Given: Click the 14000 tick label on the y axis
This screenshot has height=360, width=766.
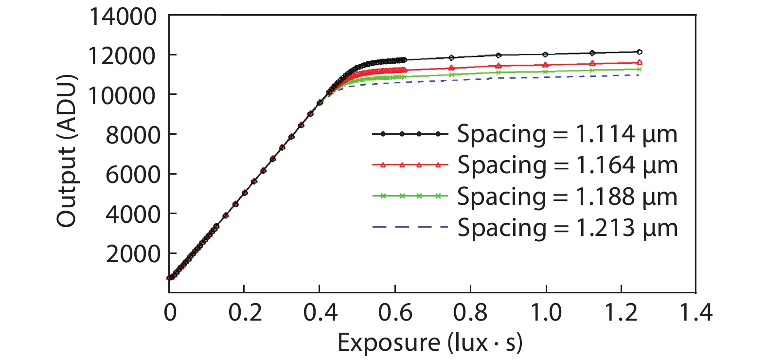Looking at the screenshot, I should coord(123,17).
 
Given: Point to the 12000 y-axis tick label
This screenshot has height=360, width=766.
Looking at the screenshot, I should coord(123,56).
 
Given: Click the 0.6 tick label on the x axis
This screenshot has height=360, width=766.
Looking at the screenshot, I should coord(395,312).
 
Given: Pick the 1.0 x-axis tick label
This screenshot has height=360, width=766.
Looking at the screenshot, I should coord(545,312).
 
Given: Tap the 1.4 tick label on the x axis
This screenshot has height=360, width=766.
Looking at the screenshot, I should coord(695,312).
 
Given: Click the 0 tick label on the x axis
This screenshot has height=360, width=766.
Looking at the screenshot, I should coord(170,312).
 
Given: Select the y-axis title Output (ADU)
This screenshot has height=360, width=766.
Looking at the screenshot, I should coord(67,151).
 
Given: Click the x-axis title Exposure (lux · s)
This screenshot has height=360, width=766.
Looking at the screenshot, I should coord(430,342).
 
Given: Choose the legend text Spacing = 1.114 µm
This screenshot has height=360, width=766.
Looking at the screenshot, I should coord(567,134).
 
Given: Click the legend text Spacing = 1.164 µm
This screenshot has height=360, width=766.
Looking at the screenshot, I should coord(567,165).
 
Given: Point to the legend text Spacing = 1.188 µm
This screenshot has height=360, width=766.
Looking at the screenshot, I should coord(567,197).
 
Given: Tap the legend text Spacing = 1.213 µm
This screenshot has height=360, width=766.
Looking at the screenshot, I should coord(567,228).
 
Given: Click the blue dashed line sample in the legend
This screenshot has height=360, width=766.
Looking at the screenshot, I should coord(410,227).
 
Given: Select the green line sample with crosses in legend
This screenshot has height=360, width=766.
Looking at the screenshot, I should coord(410,196).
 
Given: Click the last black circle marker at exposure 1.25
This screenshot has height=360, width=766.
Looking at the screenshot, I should coord(640,52).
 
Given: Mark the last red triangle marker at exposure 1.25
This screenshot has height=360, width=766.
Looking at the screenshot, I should coord(640,62).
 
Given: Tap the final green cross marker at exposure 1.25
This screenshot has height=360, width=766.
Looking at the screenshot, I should coord(640,69).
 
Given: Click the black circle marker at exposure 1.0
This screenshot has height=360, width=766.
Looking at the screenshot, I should coord(545,54).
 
